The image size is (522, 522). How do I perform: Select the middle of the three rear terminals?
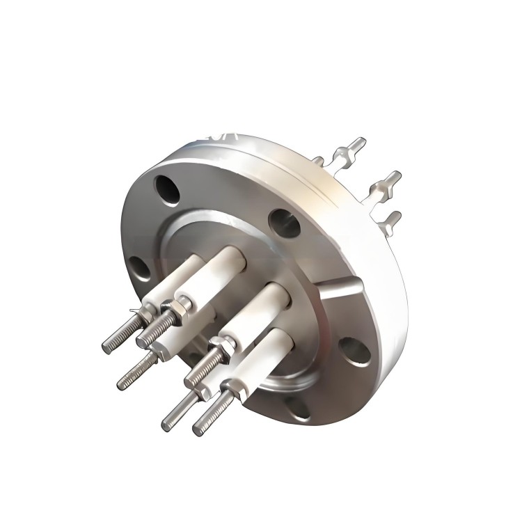coord(386,182)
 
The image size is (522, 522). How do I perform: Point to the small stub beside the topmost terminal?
coord(318,161)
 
